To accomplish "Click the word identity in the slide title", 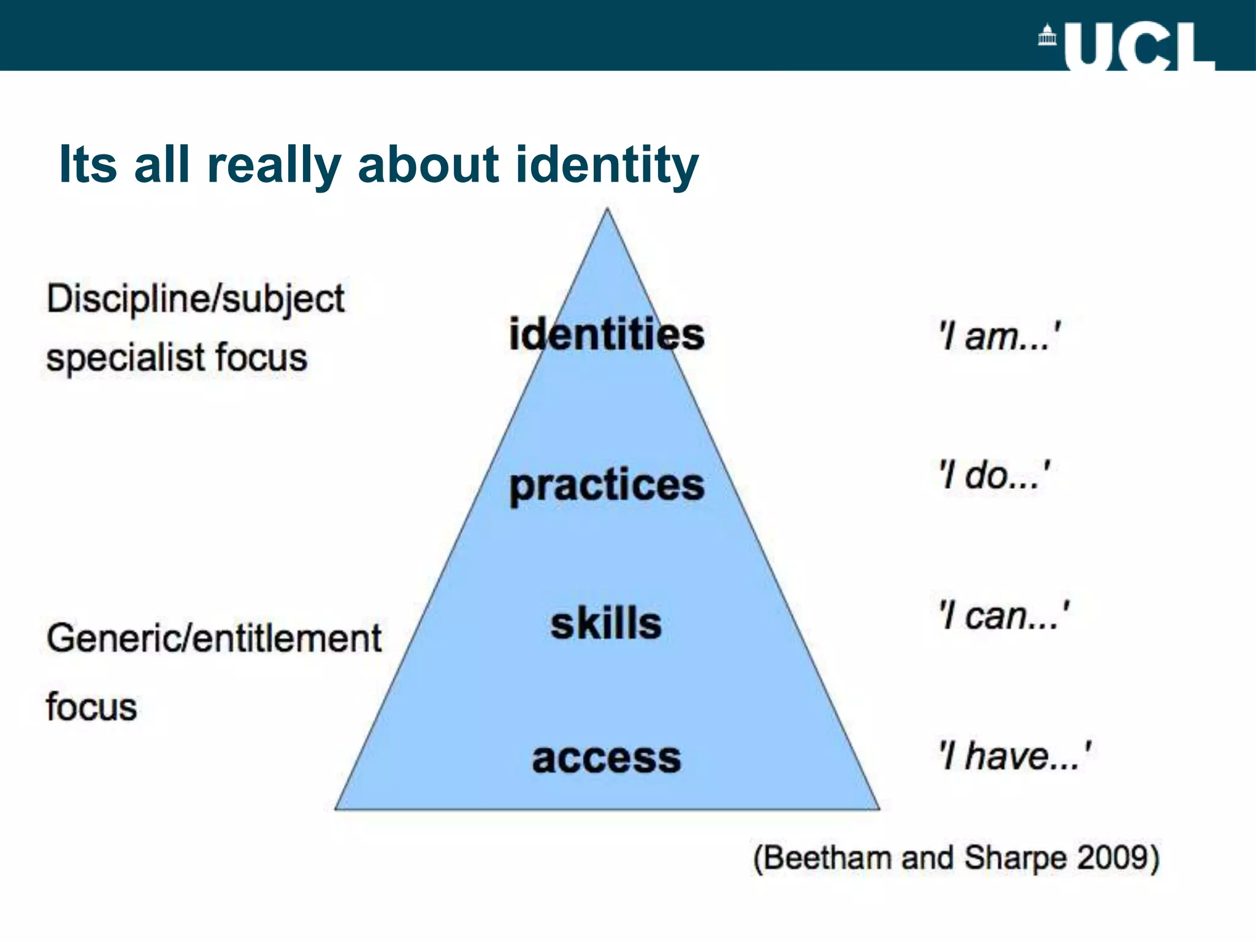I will click(x=607, y=164).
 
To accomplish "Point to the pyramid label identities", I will click(x=607, y=335).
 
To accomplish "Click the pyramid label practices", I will click(x=607, y=486).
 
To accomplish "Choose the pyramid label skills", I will click(x=606, y=624).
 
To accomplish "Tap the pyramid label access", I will click(x=607, y=758).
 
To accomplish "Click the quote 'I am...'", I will click(x=1000, y=336).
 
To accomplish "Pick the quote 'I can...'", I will click(x=1005, y=616).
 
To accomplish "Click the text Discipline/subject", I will click(x=196, y=300).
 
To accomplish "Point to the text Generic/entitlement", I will click(x=214, y=638).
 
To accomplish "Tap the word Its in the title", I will click(x=88, y=164).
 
